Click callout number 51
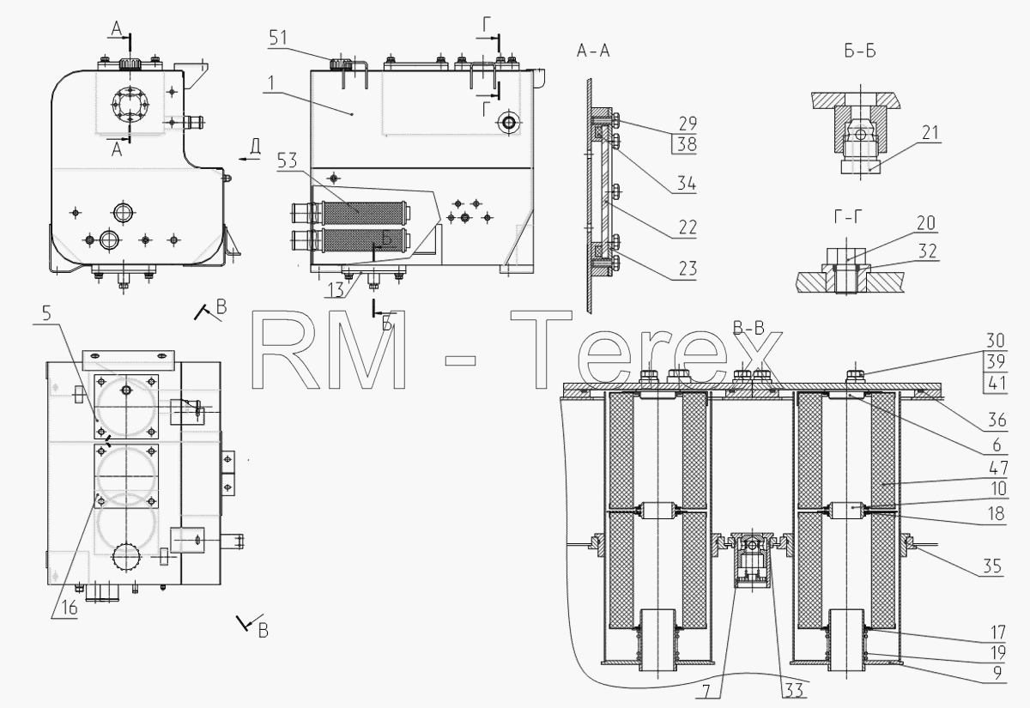(x=278, y=37)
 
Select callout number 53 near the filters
(x=287, y=161)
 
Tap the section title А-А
(x=593, y=51)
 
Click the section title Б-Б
(x=860, y=51)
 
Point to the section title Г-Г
(x=848, y=217)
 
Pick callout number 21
(x=930, y=133)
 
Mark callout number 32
(x=928, y=251)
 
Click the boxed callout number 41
(x=996, y=383)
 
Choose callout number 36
(x=997, y=420)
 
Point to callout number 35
(x=992, y=566)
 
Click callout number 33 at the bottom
(x=794, y=690)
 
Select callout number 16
(x=69, y=608)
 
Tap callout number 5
(x=46, y=313)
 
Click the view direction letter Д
(x=256, y=146)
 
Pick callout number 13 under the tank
(x=336, y=290)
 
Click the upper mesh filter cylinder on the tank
(x=363, y=214)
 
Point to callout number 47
(x=997, y=468)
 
